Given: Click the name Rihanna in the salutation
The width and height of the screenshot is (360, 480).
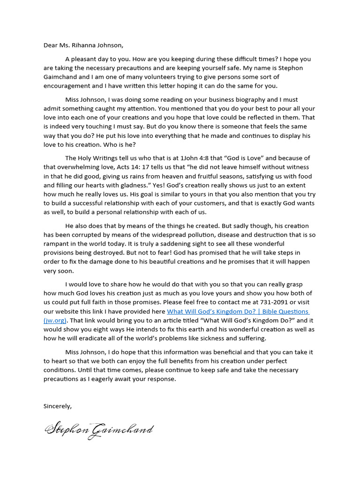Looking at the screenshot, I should point(87,45).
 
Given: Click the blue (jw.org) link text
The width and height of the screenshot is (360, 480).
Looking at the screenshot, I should point(55,321).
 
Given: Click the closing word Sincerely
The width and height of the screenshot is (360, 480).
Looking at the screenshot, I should point(58,406).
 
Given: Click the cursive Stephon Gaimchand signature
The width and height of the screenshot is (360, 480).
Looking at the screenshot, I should point(98,429).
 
